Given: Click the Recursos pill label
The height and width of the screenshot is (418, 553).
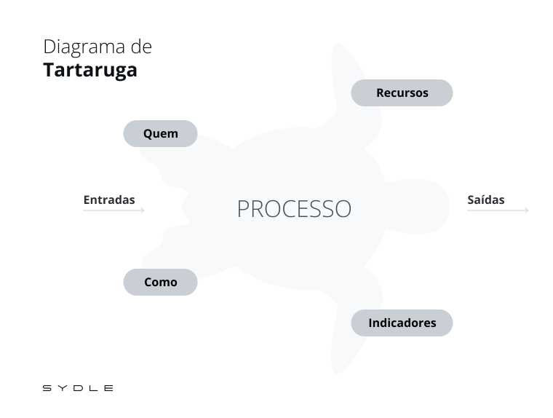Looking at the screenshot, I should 402,93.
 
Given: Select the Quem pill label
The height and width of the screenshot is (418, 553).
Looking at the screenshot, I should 160,134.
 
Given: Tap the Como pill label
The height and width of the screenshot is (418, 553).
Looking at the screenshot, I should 160,283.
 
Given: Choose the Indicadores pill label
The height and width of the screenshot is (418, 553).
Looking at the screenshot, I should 402,323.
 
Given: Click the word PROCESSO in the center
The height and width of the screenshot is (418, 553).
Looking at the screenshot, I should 294,209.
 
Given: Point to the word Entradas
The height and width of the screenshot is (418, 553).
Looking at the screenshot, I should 109,200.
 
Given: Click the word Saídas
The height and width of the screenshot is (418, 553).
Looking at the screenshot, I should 486,200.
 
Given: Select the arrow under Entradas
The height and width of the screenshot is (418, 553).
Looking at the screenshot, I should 114,210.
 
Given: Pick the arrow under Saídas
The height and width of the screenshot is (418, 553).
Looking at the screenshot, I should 498,210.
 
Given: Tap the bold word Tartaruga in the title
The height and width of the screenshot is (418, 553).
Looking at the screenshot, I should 89,71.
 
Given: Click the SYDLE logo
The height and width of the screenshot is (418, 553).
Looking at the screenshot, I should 78,388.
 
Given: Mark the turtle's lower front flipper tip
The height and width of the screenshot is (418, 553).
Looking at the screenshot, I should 338,370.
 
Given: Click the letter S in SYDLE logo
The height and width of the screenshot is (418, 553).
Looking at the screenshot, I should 47,388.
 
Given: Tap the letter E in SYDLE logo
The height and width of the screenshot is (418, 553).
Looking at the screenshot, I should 109,388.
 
